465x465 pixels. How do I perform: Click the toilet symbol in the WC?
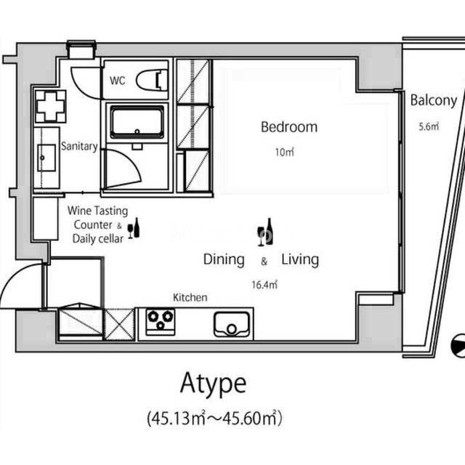point(152,80)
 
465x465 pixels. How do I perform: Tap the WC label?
point(118,81)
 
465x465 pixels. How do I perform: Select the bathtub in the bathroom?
point(137,122)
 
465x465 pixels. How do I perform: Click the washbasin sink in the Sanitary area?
point(46,158)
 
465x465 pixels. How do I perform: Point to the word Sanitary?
point(79,147)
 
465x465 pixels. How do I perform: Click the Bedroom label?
point(289,127)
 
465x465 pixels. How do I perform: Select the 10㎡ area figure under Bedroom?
point(284,152)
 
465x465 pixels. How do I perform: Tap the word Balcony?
point(434,101)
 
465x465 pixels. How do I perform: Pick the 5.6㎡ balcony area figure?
point(429,126)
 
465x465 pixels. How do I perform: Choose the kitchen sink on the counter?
point(232,324)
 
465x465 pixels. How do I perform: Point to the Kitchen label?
point(190,297)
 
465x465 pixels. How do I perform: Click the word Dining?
point(224,260)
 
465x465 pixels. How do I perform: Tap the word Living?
point(300,260)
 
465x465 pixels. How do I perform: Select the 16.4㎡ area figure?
point(264,285)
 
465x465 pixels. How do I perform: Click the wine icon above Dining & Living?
point(265,232)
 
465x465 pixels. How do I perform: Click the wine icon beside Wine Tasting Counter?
point(134,227)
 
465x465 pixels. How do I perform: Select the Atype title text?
point(213,383)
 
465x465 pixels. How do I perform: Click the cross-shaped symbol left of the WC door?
point(50,107)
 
